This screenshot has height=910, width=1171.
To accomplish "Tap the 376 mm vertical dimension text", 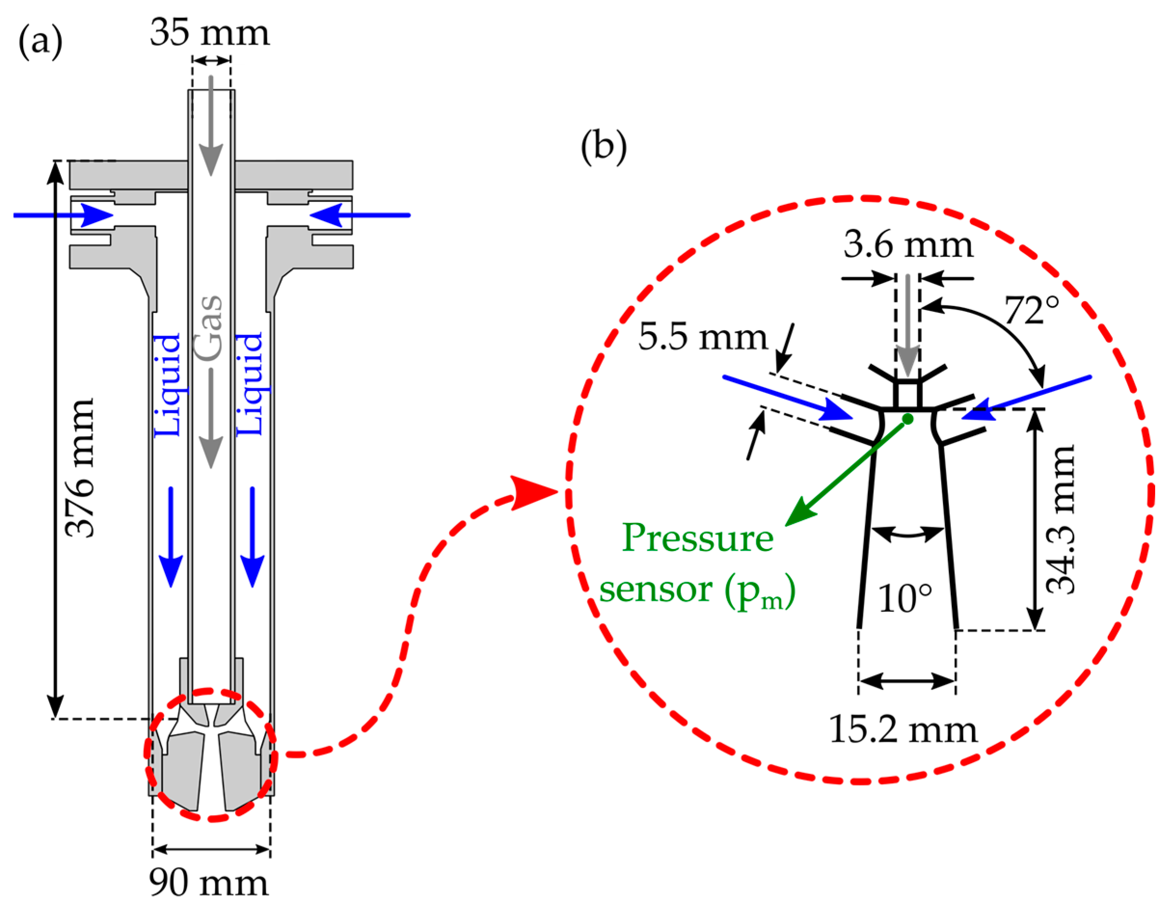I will [x=80, y=467].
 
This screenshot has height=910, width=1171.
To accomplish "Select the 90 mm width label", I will [x=209, y=883].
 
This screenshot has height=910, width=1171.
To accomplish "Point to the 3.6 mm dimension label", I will [x=908, y=245].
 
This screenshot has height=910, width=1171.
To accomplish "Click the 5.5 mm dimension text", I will [x=703, y=337].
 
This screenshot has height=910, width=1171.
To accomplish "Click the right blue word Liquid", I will [x=250, y=384].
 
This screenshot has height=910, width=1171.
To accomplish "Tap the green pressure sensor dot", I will [x=908, y=419].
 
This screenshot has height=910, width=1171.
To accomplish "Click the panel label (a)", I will [x=40, y=42].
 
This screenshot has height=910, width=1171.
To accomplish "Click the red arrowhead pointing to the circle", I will [x=531, y=492].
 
